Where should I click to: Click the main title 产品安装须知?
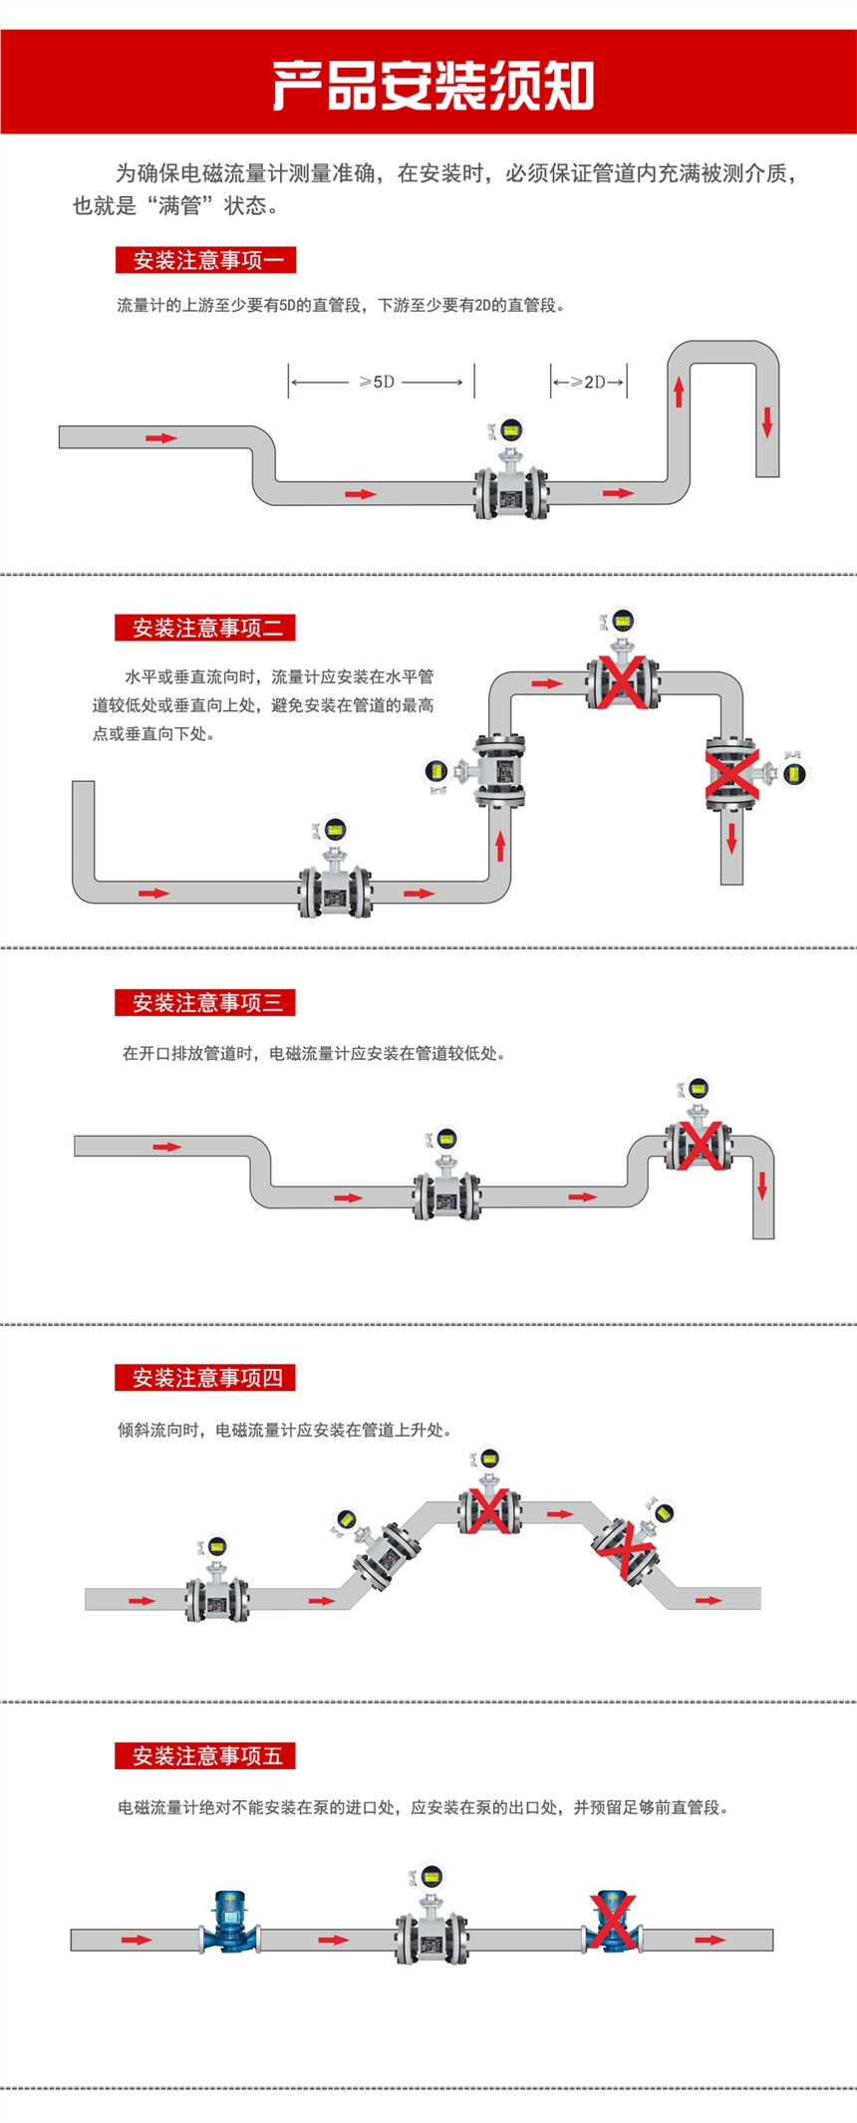click(x=432, y=86)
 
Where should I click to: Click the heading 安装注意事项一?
click(x=205, y=261)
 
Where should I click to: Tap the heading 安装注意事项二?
click(x=205, y=628)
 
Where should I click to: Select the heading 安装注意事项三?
click(x=205, y=1002)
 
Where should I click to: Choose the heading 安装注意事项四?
click(x=205, y=1378)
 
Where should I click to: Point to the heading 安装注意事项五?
click(x=205, y=1755)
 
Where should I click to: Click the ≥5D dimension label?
click(x=378, y=382)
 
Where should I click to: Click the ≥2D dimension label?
click(x=590, y=382)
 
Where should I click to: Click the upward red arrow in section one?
click(x=679, y=392)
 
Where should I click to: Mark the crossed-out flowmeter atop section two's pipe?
click(x=623, y=672)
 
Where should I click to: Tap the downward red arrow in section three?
click(x=762, y=1186)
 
